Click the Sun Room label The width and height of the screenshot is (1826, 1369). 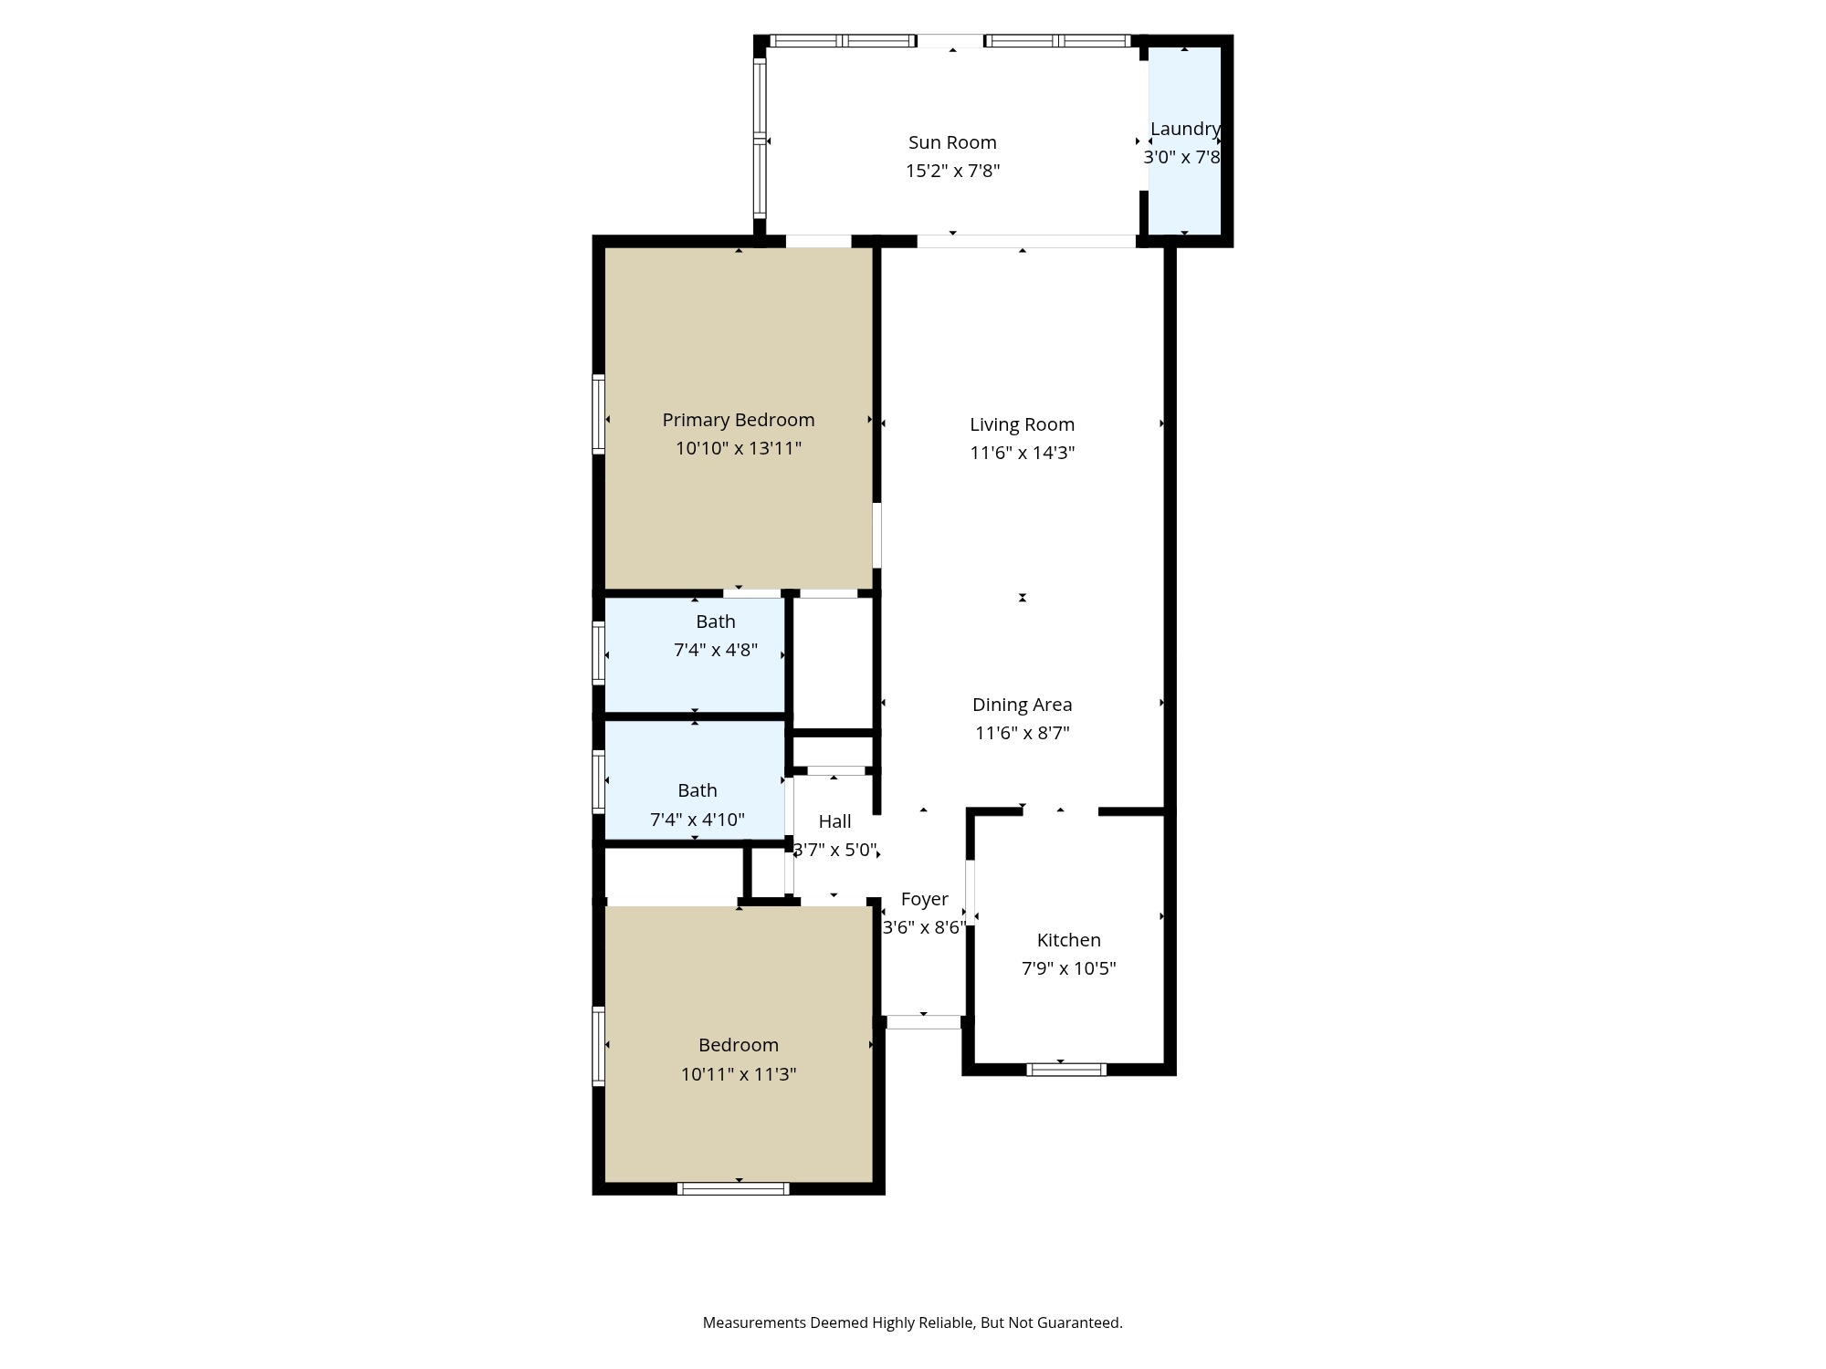tap(952, 142)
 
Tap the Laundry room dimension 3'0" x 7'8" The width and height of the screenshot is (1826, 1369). tap(1181, 157)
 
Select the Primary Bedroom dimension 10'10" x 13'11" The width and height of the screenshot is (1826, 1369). tap(738, 448)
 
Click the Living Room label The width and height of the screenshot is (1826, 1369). tap(1022, 424)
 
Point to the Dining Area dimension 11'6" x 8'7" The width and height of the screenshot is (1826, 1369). tap(1022, 733)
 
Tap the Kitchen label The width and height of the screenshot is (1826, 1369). tap(1068, 940)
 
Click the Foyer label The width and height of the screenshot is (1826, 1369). tap(924, 899)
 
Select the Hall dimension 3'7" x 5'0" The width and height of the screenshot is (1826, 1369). tap(834, 850)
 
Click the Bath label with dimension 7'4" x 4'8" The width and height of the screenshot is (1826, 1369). tap(715, 622)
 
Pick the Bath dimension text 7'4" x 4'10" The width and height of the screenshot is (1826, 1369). tap(697, 820)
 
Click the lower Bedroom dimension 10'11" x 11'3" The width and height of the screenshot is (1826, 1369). tap(738, 1074)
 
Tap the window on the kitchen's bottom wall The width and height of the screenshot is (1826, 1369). tap(1065, 1070)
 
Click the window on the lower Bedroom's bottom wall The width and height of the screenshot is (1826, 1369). tap(733, 1188)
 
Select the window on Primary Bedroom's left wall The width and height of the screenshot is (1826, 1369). tap(599, 413)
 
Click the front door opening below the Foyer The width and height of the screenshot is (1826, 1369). tap(923, 1022)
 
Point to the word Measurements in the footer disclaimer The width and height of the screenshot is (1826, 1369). tap(754, 1322)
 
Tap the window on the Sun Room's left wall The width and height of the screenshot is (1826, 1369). tap(760, 139)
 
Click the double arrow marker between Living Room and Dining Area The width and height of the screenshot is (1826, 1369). tap(1023, 598)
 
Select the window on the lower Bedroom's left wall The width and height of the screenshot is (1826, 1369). tap(599, 1046)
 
